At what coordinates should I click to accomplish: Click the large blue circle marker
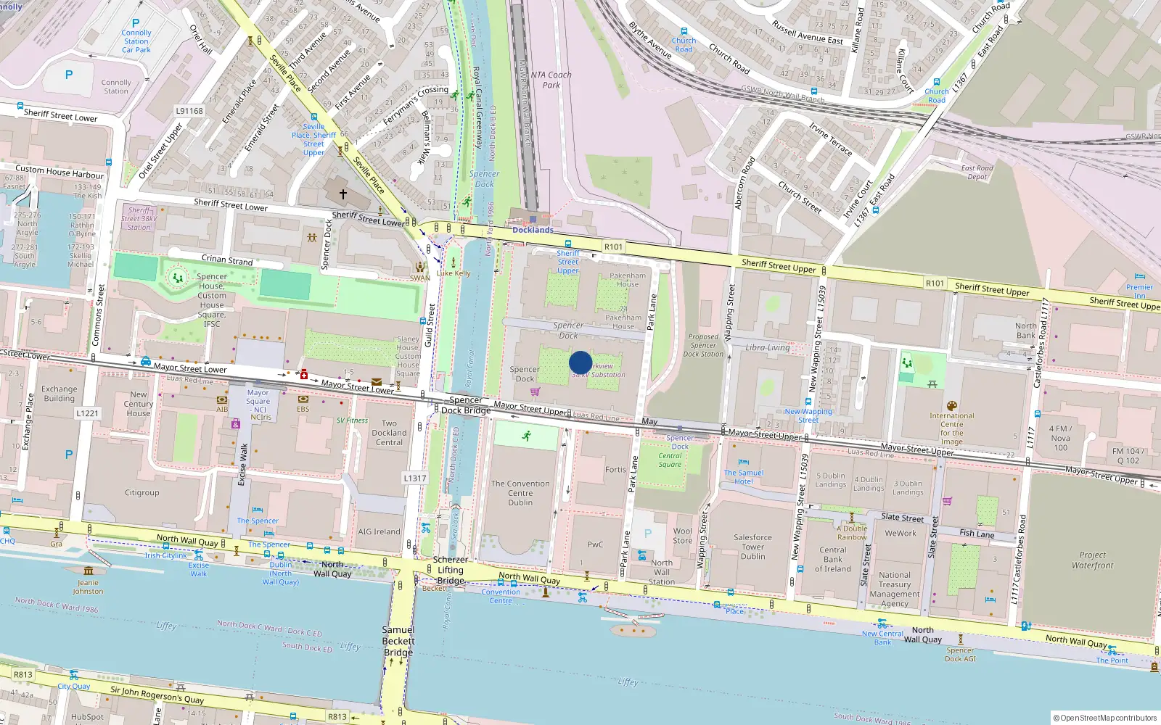pyautogui.click(x=580, y=362)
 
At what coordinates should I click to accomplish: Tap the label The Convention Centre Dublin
pyautogui.click(x=520, y=493)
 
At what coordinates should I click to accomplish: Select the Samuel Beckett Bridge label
pyautogui.click(x=398, y=641)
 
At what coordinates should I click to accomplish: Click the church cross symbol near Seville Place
pyautogui.click(x=344, y=194)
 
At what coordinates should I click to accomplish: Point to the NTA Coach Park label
pyautogui.click(x=551, y=80)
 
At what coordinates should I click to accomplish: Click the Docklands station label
pyautogui.click(x=533, y=230)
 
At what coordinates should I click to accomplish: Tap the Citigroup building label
pyautogui.click(x=141, y=493)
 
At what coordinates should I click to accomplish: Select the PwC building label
pyautogui.click(x=595, y=544)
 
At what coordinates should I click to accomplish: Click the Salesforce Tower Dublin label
pyautogui.click(x=752, y=547)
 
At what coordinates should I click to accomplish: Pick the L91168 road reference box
pyautogui.click(x=189, y=111)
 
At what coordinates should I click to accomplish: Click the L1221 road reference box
pyautogui.click(x=87, y=413)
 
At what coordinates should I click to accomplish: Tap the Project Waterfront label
pyautogui.click(x=1092, y=560)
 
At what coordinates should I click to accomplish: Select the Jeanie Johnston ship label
pyautogui.click(x=88, y=587)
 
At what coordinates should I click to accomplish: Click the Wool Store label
pyautogui.click(x=682, y=536)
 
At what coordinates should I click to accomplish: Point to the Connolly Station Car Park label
pyautogui.click(x=136, y=41)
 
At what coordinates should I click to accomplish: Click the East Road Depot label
pyautogui.click(x=977, y=173)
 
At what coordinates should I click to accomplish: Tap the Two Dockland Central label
pyautogui.click(x=389, y=433)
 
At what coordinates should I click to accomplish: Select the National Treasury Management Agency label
pyautogui.click(x=895, y=589)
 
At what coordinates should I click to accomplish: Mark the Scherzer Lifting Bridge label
pyautogui.click(x=450, y=570)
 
